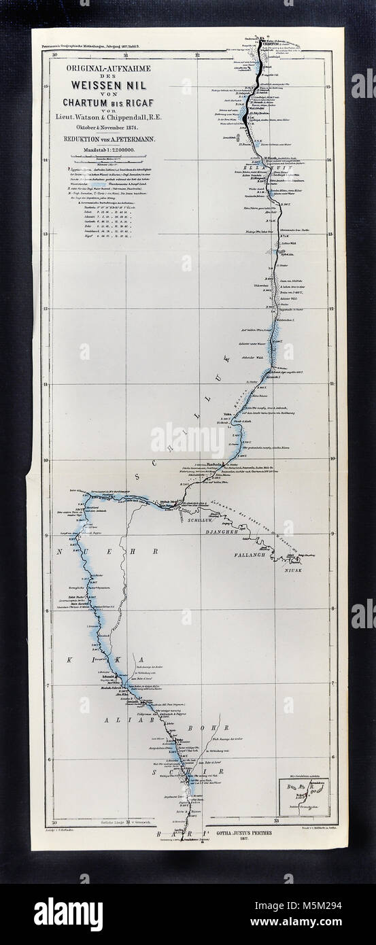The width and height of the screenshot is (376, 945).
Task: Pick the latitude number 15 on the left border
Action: (45, 87)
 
